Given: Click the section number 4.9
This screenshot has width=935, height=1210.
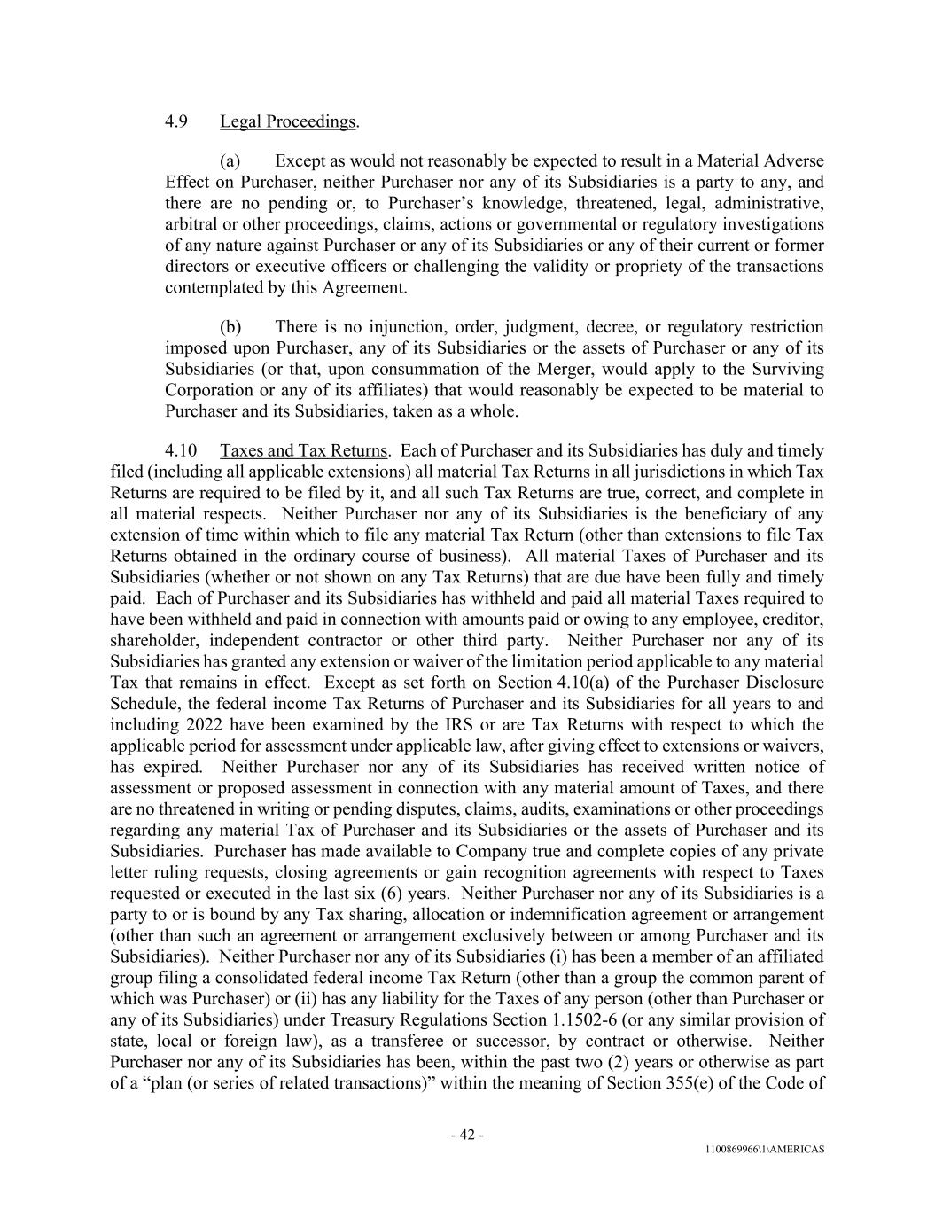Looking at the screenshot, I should tap(175, 121).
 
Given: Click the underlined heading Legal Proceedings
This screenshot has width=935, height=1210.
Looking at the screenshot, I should tap(288, 121).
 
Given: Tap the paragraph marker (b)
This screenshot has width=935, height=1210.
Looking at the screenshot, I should tap(230, 327).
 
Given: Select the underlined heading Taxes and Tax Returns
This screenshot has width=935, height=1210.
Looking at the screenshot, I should tap(304, 451).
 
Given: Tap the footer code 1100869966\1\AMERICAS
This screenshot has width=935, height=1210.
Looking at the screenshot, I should tap(765, 1150).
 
